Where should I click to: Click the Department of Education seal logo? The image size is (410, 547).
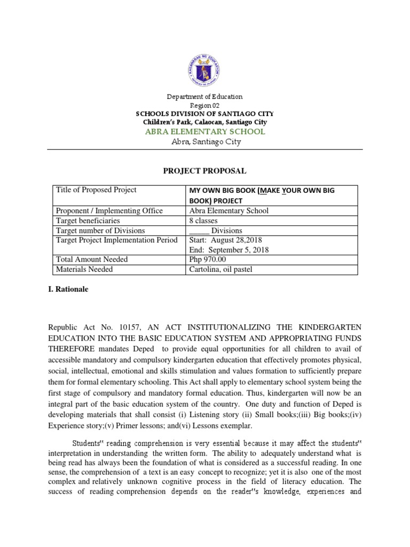point(205,67)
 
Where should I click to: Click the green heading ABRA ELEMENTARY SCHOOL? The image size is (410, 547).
point(204,131)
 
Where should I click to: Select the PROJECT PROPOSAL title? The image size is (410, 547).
point(205,170)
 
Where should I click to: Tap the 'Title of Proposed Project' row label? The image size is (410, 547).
point(96,190)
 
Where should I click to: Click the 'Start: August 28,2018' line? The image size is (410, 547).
point(226,240)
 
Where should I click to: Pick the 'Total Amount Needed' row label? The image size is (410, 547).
point(92,260)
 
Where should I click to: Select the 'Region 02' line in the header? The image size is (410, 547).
point(204,106)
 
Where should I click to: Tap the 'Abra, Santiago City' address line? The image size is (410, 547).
point(204,142)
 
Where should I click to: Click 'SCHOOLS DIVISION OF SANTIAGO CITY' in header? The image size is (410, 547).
point(204,114)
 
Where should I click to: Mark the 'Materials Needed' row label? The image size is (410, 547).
point(84,270)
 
